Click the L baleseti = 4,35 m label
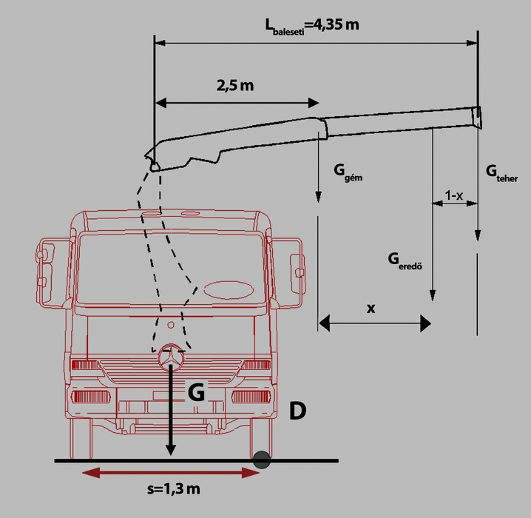coord(312,26)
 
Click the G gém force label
coord(348,174)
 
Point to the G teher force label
coord(501,172)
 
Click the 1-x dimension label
coord(454,195)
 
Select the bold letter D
coord(297,412)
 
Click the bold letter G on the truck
coord(196,393)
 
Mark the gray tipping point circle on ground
coord(261,460)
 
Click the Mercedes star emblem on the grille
coord(171,357)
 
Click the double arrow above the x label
coord(374,323)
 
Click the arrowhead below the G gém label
coord(318,197)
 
